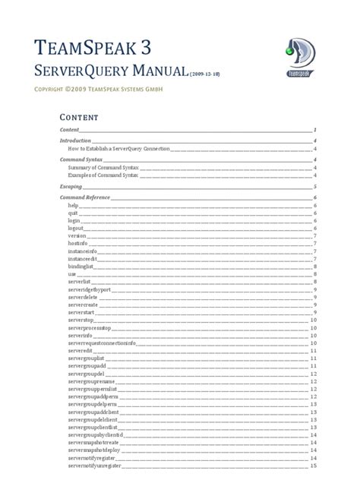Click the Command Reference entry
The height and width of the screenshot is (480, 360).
click(x=84, y=197)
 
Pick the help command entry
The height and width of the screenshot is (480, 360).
click(x=73, y=206)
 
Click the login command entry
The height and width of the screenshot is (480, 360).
click(x=74, y=220)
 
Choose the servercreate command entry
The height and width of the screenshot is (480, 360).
click(x=83, y=304)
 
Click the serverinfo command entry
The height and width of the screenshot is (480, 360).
click(x=80, y=334)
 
